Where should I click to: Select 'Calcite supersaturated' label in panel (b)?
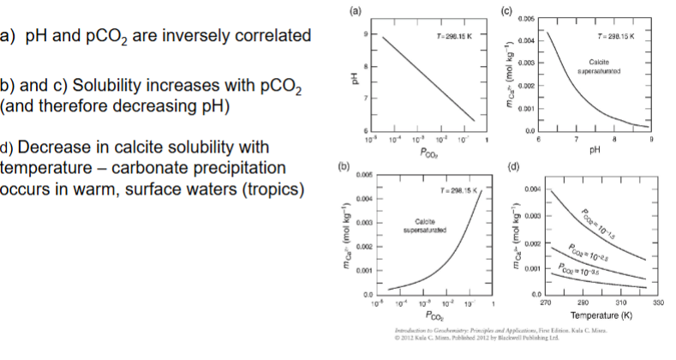pyautogui.click(x=422, y=226)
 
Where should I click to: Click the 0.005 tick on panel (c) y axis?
pyautogui.click(x=529, y=18)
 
